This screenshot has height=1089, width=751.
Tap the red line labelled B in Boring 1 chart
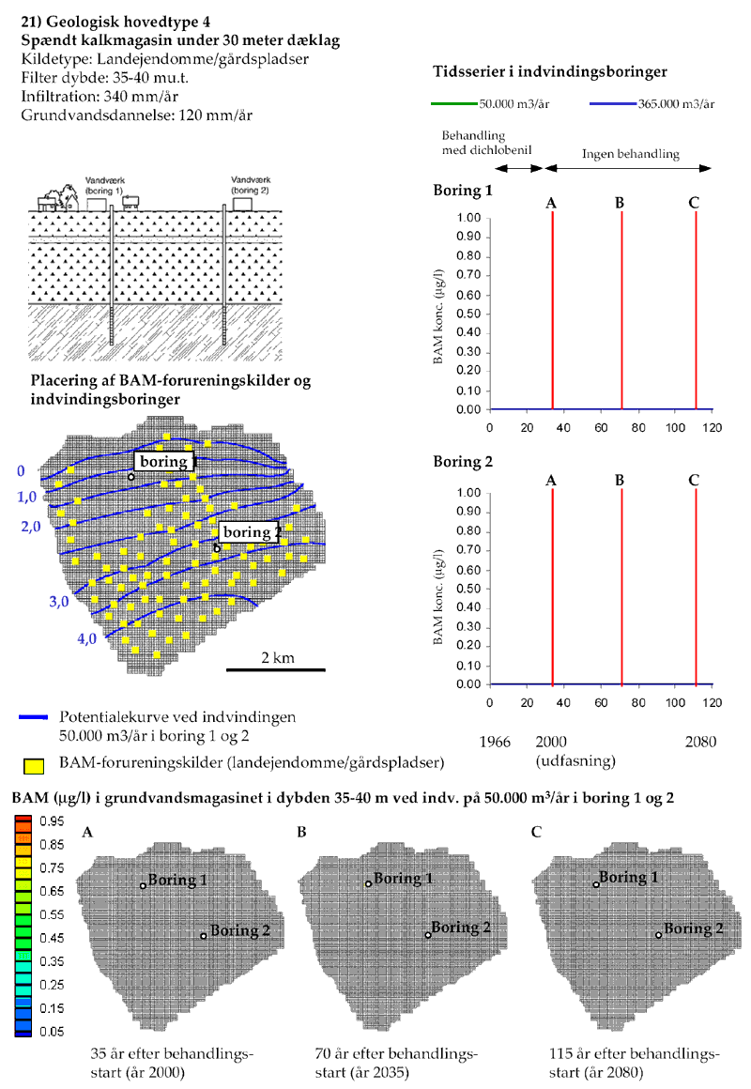coord(621,310)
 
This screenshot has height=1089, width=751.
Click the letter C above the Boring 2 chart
coord(694,480)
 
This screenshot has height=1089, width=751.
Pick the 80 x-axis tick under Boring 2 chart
coord(637,702)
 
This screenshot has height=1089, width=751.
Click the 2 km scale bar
coord(275,668)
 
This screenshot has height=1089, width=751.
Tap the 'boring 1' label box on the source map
coord(163,462)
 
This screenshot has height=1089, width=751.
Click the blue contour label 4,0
coord(87,639)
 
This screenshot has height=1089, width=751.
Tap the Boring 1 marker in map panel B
coord(369,883)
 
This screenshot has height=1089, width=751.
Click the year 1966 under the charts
coord(495,742)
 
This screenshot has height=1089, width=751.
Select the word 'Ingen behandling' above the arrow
coord(630,152)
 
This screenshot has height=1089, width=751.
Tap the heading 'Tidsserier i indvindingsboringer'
coord(551,72)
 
